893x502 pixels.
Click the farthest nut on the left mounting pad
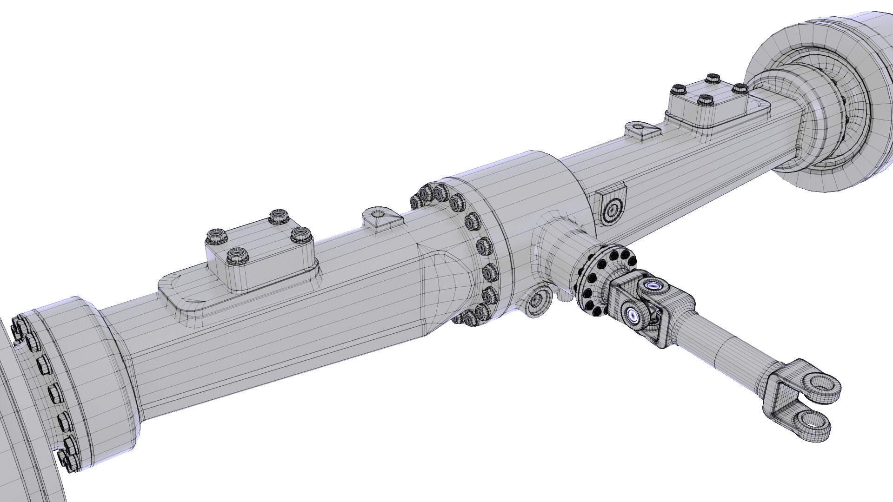point(278,216)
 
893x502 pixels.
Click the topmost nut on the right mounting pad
point(712,78)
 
